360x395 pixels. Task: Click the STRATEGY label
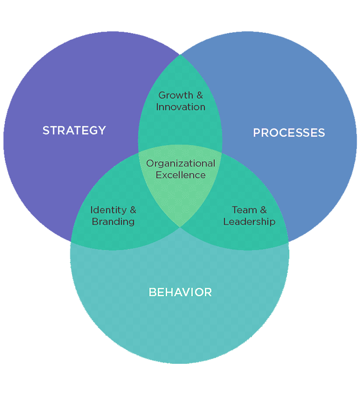74,130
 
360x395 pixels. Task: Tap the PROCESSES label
289,132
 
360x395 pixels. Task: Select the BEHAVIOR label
180,292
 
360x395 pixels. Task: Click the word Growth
175,96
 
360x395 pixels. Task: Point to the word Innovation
181,107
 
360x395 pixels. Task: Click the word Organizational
181,163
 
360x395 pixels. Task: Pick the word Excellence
181,175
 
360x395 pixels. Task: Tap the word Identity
109,210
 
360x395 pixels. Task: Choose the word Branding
113,221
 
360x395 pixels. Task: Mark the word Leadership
249,221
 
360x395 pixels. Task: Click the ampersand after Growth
199,96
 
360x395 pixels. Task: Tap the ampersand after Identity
132,210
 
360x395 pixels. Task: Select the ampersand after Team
263,210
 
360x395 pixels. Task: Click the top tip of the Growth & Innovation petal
180,55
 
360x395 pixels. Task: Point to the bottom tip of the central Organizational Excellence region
180,227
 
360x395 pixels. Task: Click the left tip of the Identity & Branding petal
71,242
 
